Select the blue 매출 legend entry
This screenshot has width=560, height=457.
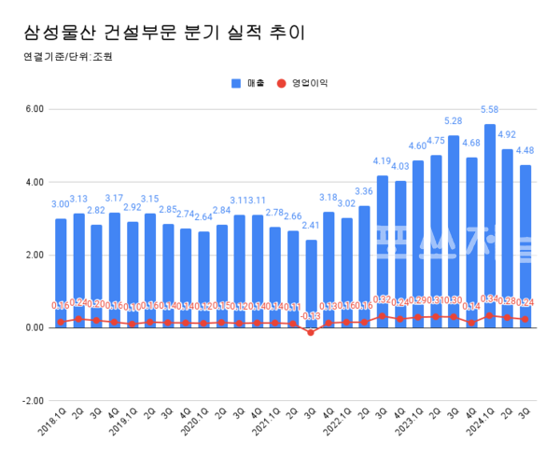[248, 83]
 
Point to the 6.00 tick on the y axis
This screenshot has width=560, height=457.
[34, 109]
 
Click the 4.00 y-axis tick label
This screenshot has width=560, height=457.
[34, 182]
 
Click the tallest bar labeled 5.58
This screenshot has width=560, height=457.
[490, 224]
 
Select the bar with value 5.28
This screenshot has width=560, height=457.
[454, 233]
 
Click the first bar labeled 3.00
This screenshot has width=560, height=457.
[61, 270]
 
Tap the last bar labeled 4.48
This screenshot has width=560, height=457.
[525, 242]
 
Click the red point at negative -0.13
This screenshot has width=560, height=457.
[311, 333]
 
